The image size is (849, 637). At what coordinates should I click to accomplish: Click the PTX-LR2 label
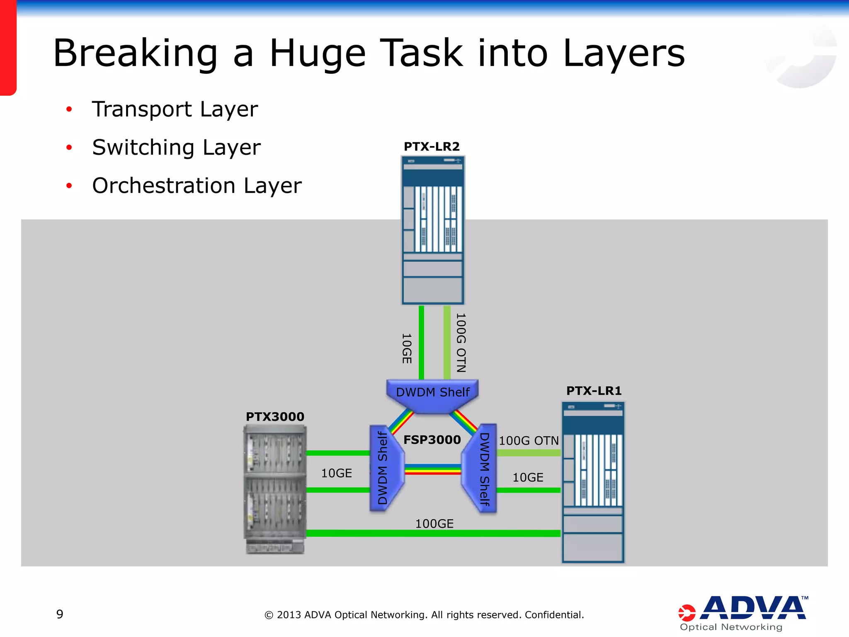pyautogui.click(x=432, y=147)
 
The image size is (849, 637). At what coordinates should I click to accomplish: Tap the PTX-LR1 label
pyautogui.click(x=594, y=391)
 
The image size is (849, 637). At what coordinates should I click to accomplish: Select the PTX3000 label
pyautogui.click(x=275, y=417)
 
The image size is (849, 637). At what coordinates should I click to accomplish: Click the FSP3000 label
pyautogui.click(x=432, y=440)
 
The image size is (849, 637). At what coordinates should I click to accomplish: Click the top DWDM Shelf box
pyautogui.click(x=432, y=393)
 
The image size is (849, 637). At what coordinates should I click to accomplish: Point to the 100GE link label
pyautogui.click(x=434, y=524)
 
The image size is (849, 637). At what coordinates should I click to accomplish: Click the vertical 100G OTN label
pyautogui.click(x=461, y=343)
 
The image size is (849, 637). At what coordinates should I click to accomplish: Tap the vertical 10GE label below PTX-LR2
pyautogui.click(x=407, y=348)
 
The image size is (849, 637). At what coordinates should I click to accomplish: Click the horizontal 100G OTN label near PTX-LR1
pyautogui.click(x=529, y=441)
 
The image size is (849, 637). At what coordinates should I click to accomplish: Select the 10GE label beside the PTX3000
pyautogui.click(x=336, y=473)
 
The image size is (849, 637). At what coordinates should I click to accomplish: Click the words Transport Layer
pyautogui.click(x=175, y=109)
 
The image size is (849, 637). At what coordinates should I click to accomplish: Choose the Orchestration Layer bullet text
pyautogui.click(x=197, y=186)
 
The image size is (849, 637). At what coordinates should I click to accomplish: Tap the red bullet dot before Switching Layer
pyautogui.click(x=69, y=148)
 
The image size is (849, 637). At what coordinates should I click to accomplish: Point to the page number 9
pyautogui.click(x=60, y=614)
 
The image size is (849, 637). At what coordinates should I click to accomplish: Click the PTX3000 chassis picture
pyautogui.click(x=275, y=489)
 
